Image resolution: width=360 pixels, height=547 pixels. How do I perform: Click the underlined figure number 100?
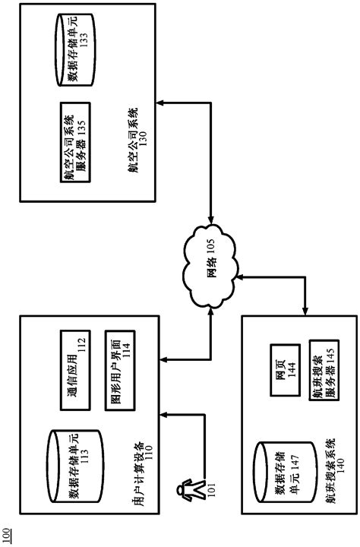[7, 536]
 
